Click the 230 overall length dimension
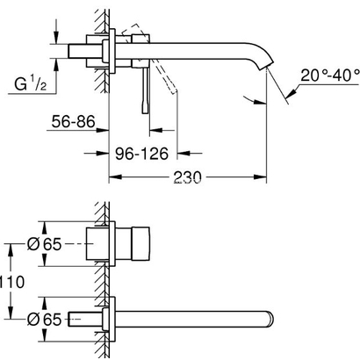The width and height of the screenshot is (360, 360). coord(188,177)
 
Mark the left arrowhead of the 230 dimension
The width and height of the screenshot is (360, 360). coord(112,177)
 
